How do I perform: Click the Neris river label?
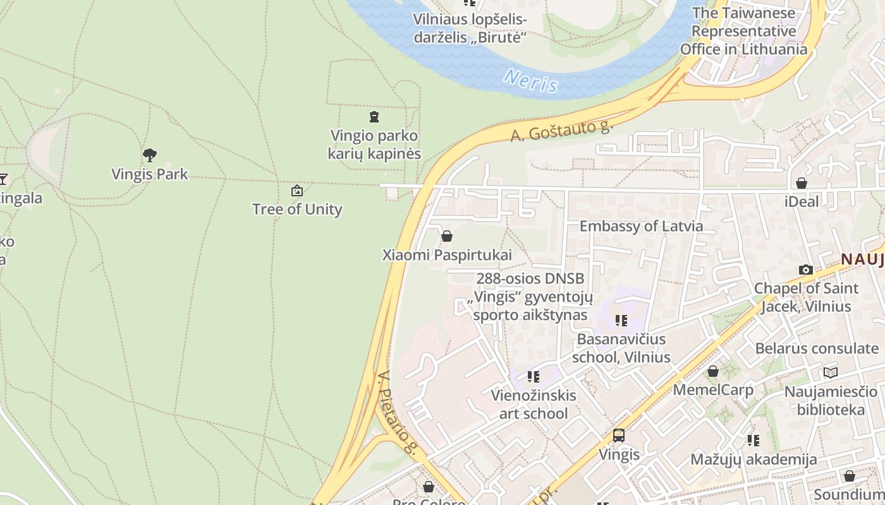pyautogui.click(x=531, y=80)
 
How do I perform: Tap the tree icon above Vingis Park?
pyautogui.click(x=150, y=155)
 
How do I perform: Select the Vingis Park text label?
pyautogui.click(x=150, y=174)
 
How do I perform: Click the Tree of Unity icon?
pyautogui.click(x=296, y=191)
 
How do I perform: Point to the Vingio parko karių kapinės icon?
pyautogui.click(x=374, y=117)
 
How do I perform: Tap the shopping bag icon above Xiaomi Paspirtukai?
pyautogui.click(x=447, y=236)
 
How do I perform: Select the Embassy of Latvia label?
pyautogui.click(x=641, y=226)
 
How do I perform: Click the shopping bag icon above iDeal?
pyautogui.click(x=801, y=183)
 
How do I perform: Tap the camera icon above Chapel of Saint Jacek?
pyautogui.click(x=806, y=270)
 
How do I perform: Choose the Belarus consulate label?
pyautogui.click(x=817, y=348)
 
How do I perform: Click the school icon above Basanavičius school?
pyautogui.click(x=621, y=321)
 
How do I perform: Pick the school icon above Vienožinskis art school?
pyautogui.click(x=534, y=377)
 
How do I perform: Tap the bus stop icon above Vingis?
pyautogui.click(x=619, y=436)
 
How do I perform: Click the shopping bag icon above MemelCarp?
pyautogui.click(x=713, y=371)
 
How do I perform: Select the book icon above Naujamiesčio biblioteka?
pyautogui.click(x=830, y=372)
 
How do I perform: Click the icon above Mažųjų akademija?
pyautogui.click(x=753, y=440)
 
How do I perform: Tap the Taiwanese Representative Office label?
pyautogui.click(x=743, y=31)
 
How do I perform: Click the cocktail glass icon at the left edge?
pyautogui.click(x=3, y=179)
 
